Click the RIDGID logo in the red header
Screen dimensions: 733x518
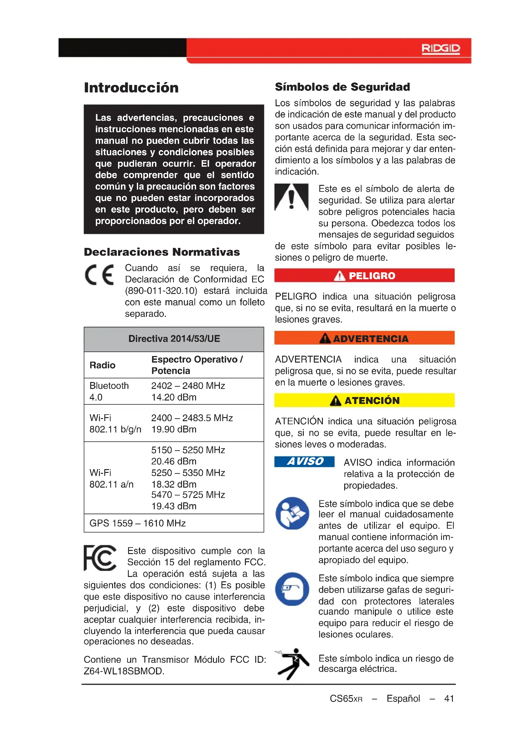coord(441,49)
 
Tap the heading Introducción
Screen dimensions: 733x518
coord(131,88)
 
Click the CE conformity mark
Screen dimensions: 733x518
coord(100,275)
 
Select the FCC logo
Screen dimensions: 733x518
coord(100,558)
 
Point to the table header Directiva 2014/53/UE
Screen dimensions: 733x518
coord(174,339)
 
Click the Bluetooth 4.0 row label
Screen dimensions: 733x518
coord(109,391)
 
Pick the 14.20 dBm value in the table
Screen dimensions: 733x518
coord(174,397)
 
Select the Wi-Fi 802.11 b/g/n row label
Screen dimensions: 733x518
coord(115,423)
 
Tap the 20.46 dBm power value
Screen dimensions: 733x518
coord(174,461)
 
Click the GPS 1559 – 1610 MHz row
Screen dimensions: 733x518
coord(137,523)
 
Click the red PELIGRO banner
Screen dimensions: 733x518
coord(364,275)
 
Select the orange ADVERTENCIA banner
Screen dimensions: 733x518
coord(364,338)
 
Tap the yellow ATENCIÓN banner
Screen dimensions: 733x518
coord(364,400)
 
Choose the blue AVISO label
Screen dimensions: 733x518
coord(304,462)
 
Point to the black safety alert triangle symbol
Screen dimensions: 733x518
coord(291,197)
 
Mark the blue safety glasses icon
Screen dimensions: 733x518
coord(292,589)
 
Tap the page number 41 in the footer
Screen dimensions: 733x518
coord(449,699)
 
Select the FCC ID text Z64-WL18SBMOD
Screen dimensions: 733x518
coord(124,671)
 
